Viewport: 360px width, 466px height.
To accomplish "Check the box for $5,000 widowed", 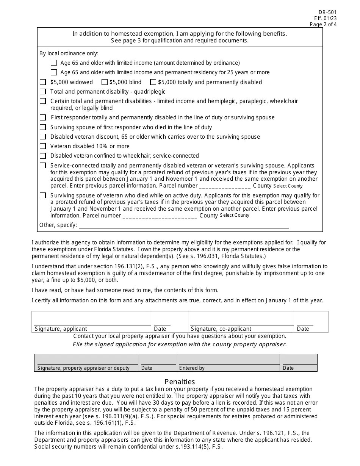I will pos(43,82).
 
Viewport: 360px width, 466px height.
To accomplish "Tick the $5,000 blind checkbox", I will pos(104,82).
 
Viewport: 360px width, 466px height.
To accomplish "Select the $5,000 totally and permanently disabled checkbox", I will pos(153,82).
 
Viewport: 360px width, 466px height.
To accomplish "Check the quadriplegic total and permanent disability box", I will pos(43,92).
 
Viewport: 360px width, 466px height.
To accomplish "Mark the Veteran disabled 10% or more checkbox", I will pos(43,146).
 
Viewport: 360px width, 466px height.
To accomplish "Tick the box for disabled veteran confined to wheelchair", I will pos(43,156).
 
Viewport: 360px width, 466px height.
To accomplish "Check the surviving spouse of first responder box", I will pos(43,127).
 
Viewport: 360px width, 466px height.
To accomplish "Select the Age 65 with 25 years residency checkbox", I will pos(54,72).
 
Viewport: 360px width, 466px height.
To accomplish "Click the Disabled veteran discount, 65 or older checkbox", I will pos(43,137).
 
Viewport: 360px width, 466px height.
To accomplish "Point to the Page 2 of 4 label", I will pos(323,25).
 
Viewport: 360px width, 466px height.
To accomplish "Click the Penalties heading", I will pos(180,382).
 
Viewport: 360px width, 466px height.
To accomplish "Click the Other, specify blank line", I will pos(183,225).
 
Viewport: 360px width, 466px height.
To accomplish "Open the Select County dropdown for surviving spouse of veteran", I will pos(235,215).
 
